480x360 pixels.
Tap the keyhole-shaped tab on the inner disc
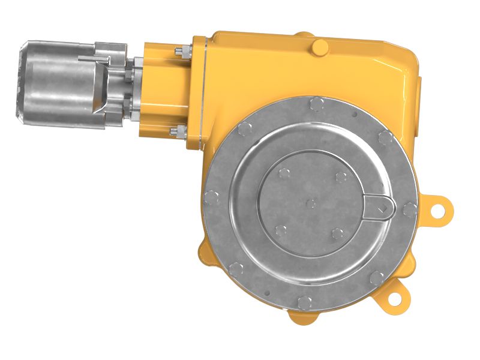pos(380,206)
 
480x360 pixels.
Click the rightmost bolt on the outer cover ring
pos(410,209)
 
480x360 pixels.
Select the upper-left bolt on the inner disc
pos(283,173)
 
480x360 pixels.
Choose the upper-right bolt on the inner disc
pos(341,176)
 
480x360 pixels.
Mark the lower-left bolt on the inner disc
pos(280,229)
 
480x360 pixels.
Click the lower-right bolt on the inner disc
pos(337,233)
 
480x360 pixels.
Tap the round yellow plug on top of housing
pos(320,46)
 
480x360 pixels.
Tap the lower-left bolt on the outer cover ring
pos(236,268)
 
